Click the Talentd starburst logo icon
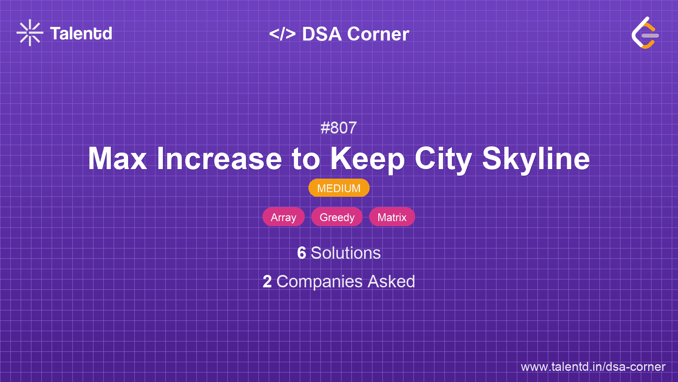(30, 33)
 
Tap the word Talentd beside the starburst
(81, 33)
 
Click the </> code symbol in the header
(282, 34)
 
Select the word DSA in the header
(322, 34)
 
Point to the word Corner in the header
(378, 34)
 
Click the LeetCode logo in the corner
(645, 33)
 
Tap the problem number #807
(339, 128)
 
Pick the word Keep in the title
(368, 160)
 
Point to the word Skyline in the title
(536, 160)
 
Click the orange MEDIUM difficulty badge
(339, 188)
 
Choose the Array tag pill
(283, 217)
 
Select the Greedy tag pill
(337, 217)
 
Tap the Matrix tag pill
(392, 217)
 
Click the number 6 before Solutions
(301, 253)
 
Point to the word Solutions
(346, 253)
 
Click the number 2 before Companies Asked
(267, 282)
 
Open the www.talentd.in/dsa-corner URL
(593, 367)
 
